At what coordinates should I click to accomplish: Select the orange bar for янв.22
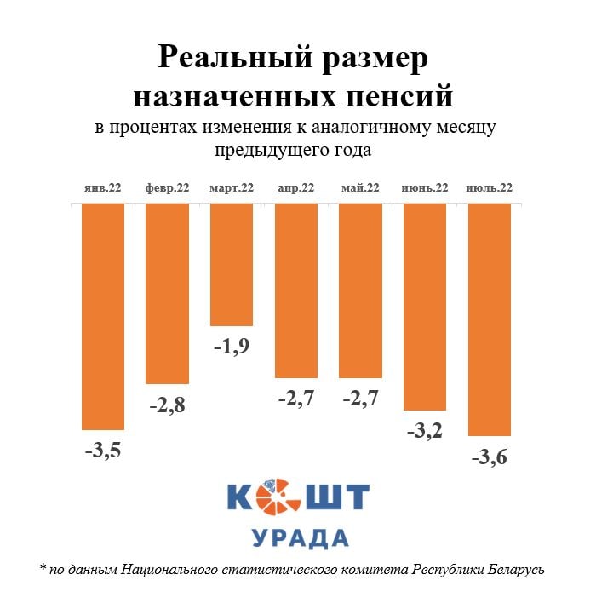(103, 317)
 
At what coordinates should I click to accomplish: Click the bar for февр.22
(167, 294)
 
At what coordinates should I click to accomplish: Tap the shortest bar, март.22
(232, 265)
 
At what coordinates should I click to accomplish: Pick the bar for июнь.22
(424, 307)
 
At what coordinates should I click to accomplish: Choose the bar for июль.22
(489, 319)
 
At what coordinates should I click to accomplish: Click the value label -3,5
(103, 451)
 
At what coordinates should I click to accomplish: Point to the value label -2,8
(167, 405)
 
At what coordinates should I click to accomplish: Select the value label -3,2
(424, 431)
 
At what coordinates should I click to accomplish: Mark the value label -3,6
(489, 457)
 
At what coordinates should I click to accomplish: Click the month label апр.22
(295, 188)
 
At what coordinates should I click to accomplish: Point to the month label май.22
(359, 188)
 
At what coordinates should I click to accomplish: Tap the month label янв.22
(103, 188)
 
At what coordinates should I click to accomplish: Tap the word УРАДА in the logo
(300, 538)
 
